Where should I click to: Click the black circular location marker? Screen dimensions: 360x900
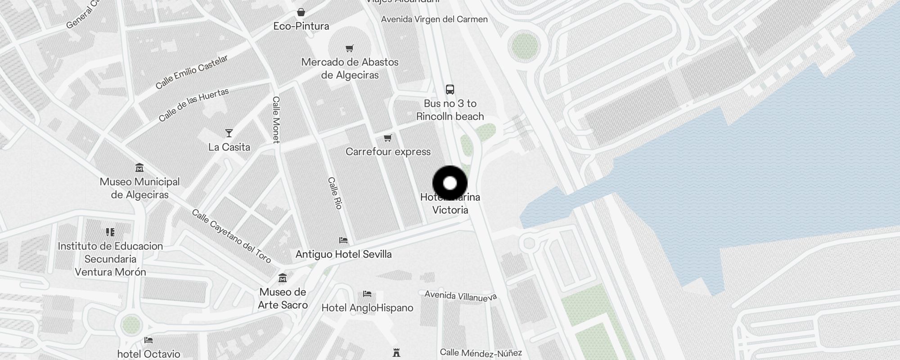(x=450, y=183)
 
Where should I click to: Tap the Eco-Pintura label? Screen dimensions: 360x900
(x=301, y=26)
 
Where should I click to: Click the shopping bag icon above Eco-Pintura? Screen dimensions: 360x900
(x=301, y=12)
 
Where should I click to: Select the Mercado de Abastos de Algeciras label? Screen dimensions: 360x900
(x=350, y=68)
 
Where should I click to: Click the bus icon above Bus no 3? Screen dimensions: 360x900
(x=450, y=89)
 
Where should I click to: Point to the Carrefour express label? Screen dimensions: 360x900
(x=388, y=152)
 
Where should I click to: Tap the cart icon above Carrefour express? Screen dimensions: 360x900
(x=388, y=138)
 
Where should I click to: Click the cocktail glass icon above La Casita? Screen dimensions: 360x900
(x=229, y=133)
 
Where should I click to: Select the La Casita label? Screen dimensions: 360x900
(x=229, y=147)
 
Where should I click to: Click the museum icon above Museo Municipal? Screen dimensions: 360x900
(x=139, y=168)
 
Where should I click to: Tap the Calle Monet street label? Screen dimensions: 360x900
(x=276, y=120)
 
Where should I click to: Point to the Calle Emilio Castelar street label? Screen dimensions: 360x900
(x=192, y=72)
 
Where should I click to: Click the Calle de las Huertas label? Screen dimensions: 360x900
(x=193, y=105)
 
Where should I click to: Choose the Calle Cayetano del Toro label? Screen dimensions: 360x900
(x=231, y=236)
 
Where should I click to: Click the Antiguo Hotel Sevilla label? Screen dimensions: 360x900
(x=343, y=254)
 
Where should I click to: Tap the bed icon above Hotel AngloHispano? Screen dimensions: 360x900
(x=367, y=294)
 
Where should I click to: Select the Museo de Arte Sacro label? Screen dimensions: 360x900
(x=283, y=298)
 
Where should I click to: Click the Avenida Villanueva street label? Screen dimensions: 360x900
(x=460, y=296)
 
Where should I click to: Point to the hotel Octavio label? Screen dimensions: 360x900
(x=148, y=354)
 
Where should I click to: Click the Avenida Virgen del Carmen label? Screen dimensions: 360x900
(x=434, y=19)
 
